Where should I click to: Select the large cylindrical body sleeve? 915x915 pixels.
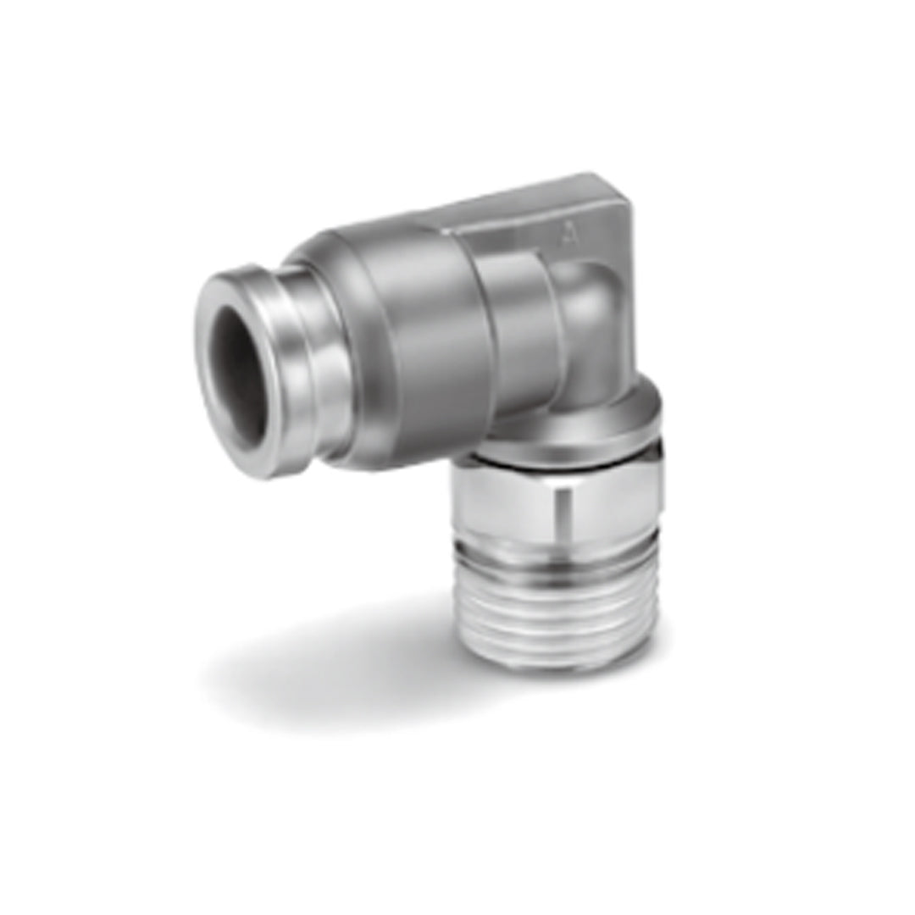(424, 339)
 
